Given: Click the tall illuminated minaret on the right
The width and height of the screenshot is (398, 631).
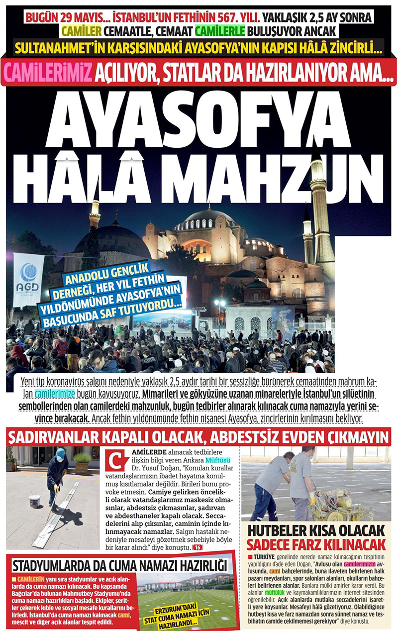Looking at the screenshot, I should (320, 219).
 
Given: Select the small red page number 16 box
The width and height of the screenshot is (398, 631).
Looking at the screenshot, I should (197, 547).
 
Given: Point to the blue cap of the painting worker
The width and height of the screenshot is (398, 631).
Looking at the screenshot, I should (61, 453).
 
